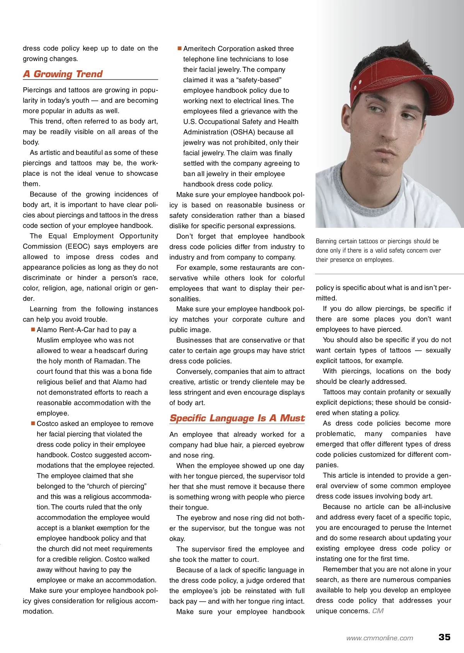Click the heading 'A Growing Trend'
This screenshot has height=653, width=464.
pos(63,74)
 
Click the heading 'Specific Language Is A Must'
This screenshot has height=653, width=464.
pos(237,418)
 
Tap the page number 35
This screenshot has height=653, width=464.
pos(444,637)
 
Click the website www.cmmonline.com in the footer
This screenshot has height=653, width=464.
pos(380,638)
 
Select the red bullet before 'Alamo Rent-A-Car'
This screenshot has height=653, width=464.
pos(33,329)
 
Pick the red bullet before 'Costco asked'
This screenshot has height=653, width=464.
pos(33,423)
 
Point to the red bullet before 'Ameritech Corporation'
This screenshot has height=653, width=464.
pos(179,48)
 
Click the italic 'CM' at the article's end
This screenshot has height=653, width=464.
pos(378,611)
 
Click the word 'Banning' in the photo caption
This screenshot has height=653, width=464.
pos(328,241)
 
